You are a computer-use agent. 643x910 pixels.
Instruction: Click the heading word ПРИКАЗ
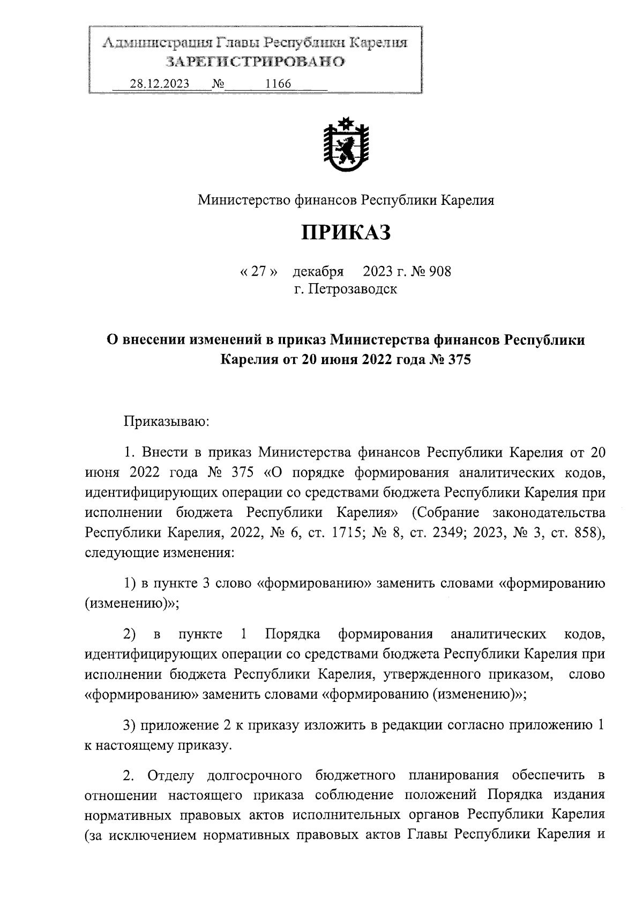tap(346, 233)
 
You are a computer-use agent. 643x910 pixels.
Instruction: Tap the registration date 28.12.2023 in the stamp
tap(159, 84)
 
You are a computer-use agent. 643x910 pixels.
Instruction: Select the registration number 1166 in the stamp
tap(278, 84)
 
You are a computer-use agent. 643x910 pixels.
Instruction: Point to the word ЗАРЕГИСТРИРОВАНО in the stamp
tap(255, 62)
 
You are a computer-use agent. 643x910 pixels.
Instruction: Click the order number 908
tap(440, 271)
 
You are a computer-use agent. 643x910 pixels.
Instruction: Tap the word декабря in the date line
tap(318, 271)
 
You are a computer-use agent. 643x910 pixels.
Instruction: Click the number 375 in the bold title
tap(457, 359)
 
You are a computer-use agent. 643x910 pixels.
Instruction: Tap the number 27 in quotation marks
tap(259, 271)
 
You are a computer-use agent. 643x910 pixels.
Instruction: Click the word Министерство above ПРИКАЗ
tap(244, 201)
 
